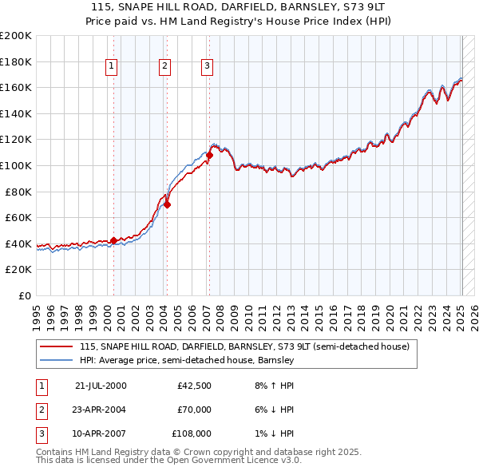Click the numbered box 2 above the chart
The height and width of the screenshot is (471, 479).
(164, 66)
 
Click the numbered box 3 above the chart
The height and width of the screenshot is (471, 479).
(207, 66)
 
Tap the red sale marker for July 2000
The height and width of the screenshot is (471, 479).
(113, 239)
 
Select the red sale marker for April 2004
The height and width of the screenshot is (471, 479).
(168, 204)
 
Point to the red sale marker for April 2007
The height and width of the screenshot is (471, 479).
(209, 155)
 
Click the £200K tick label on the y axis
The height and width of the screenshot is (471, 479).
(16, 36)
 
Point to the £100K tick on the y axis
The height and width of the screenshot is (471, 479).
(16, 165)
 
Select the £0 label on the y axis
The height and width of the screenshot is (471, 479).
(24, 295)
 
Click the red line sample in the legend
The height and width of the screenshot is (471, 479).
(56, 347)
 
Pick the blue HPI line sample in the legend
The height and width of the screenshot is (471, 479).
(56, 360)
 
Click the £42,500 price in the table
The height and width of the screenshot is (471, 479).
(194, 386)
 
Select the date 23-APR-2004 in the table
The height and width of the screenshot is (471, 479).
(100, 410)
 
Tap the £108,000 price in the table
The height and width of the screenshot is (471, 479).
(192, 433)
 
